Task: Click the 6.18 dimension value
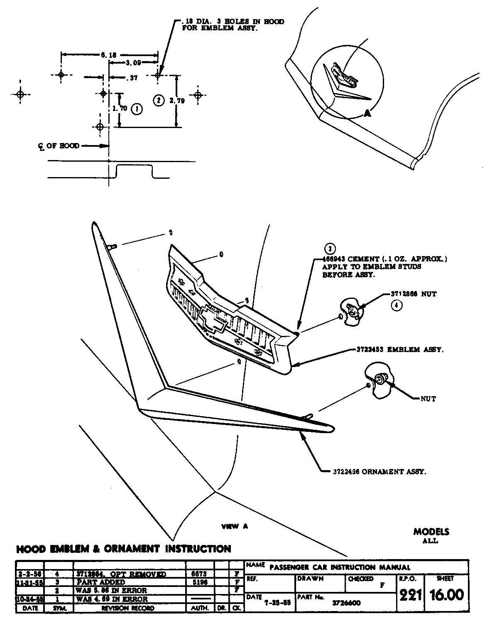(108, 54)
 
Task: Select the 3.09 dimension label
(133, 63)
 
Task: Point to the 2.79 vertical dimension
(177, 100)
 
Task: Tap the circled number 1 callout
(137, 109)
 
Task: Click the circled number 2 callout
(158, 100)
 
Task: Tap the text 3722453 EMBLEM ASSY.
(400, 350)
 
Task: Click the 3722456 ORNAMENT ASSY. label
(379, 471)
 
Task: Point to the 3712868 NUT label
(414, 294)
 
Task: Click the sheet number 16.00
(447, 595)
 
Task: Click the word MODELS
(431, 532)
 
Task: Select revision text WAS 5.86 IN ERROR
(111, 590)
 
